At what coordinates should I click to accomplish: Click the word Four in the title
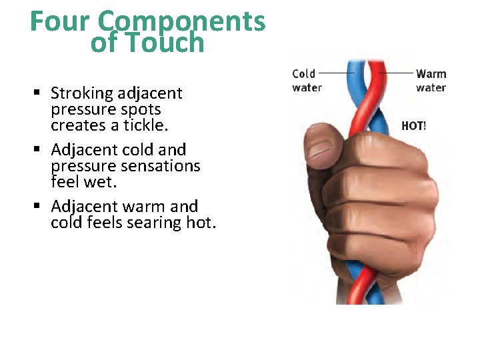[61, 21]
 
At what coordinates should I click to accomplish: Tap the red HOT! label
[413, 125]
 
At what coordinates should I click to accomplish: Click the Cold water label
[306, 80]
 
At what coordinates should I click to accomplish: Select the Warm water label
[431, 80]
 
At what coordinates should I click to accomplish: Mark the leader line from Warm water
[395, 72]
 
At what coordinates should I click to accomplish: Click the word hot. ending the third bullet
[201, 222]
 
